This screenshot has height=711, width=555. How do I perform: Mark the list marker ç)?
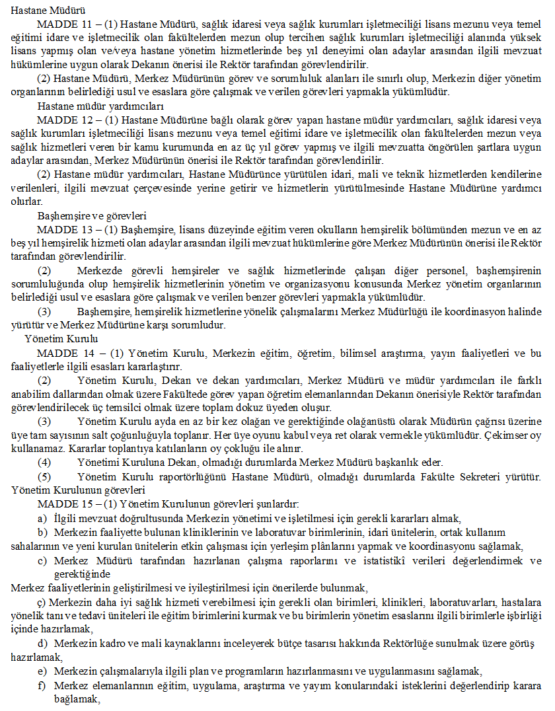coord(42,602)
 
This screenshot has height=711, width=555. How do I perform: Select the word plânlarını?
coord(365,546)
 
